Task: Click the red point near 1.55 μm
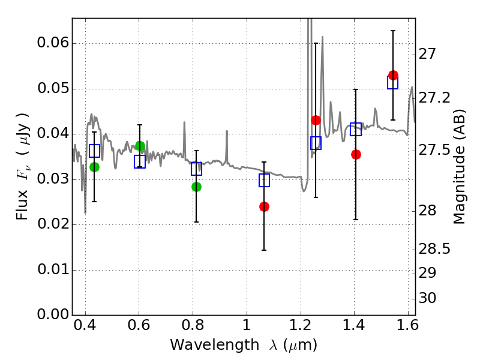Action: [x=393, y=75]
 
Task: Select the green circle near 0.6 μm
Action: [x=140, y=146]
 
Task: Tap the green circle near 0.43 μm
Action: [x=94, y=167]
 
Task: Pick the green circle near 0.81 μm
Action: [x=196, y=187]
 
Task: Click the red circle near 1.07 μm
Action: [x=264, y=206]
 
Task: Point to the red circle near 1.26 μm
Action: [x=316, y=120]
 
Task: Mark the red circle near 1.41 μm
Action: [x=356, y=154]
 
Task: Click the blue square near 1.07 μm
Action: [x=264, y=180]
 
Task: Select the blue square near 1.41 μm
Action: [x=356, y=129]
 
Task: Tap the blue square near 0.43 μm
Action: [x=94, y=151]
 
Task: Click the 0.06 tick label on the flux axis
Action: [x=53, y=44]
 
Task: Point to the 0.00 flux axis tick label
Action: [x=53, y=315]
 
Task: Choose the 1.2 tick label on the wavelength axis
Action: [x=300, y=328]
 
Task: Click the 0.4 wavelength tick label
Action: [x=85, y=328]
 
